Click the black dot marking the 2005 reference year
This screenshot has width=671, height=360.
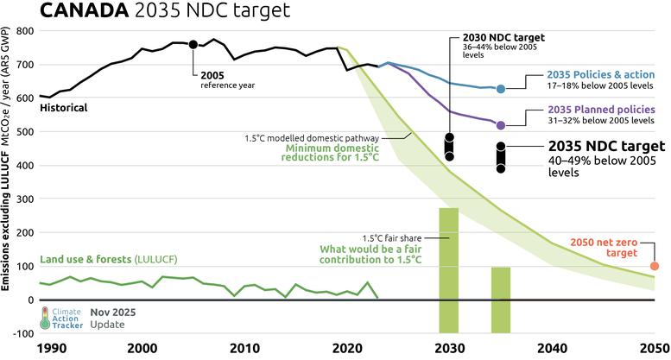[x=193, y=44]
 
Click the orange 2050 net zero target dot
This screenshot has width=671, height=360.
[x=655, y=266]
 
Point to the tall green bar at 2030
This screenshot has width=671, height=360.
[x=449, y=269]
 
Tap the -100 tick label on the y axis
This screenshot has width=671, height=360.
[x=22, y=333]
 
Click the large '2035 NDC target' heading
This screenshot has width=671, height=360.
[x=607, y=145]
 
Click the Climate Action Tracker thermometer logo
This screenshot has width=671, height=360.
[x=46, y=318]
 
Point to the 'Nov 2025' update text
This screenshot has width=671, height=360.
[x=113, y=312]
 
